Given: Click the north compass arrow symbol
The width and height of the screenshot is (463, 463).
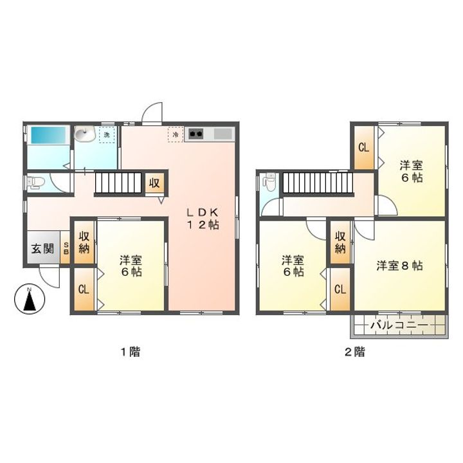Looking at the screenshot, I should pos(28,300).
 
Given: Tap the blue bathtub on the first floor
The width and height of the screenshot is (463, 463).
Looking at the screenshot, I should pos(48,136).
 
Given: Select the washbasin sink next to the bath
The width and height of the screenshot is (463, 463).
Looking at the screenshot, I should pos(84,134).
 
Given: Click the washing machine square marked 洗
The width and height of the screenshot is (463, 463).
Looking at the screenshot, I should pos(107,134).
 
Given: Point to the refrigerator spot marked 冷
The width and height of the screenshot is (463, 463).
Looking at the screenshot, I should pos(175,134).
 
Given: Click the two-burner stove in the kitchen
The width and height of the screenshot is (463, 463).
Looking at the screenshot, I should pos(195,134).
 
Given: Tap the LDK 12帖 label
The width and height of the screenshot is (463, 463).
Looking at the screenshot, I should pos(204,219).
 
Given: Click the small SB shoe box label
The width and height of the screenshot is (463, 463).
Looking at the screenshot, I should pos(65,249).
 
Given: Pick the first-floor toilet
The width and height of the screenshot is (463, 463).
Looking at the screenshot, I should pos(35,182).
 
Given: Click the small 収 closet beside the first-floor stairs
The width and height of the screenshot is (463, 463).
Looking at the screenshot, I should pos(154,183).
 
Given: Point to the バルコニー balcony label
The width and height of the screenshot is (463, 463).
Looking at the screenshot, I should pos(398,327).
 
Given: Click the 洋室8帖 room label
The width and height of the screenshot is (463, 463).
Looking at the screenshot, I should pos(399,265).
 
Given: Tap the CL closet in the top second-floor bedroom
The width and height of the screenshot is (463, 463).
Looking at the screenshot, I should pos(363,147).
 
